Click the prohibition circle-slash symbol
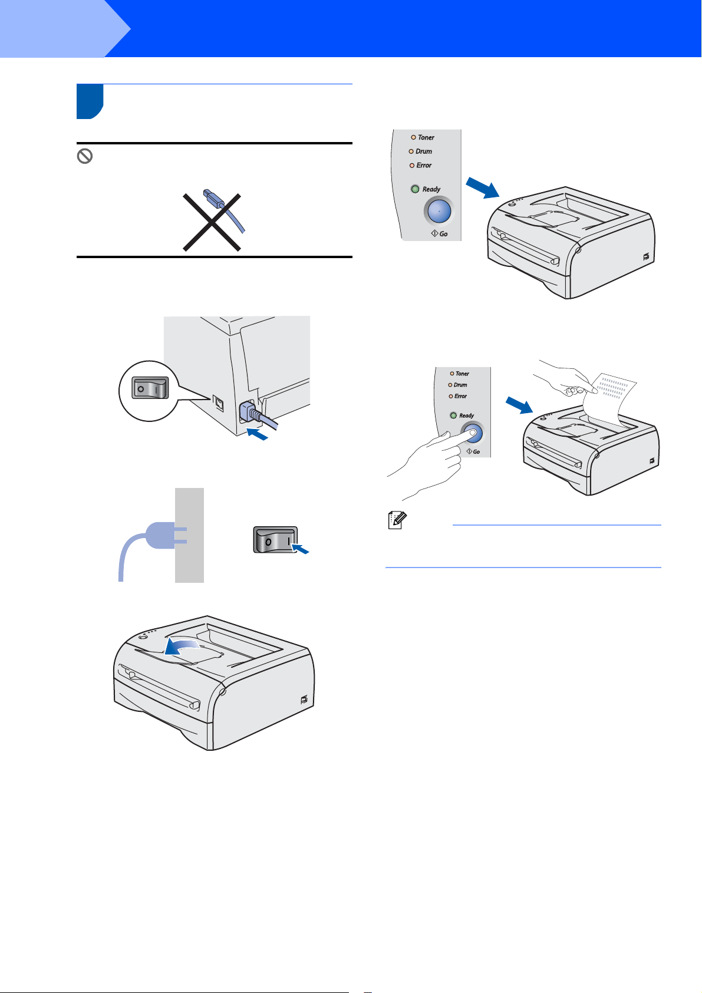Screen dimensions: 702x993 tap(85, 156)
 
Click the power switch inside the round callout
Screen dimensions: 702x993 tap(150, 388)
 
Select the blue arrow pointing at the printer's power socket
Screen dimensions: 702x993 tap(257, 434)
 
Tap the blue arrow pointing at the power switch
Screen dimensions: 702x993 tap(300, 549)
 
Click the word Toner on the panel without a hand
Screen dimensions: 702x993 tap(426, 137)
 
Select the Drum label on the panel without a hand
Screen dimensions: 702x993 tap(424, 151)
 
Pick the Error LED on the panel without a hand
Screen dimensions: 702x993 tap(412, 166)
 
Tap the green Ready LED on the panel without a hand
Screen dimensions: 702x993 tap(415, 189)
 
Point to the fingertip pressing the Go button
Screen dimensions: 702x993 tap(472, 432)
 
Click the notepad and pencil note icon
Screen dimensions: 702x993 tap(397, 520)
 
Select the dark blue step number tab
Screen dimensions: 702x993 tap(90, 101)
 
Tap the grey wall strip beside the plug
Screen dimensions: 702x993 tap(189, 535)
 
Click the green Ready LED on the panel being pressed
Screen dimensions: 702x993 tap(453, 415)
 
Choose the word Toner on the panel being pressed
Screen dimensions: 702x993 tap(462, 374)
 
